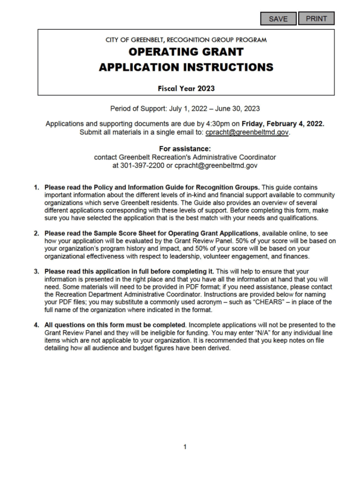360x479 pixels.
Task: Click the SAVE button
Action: [278, 19]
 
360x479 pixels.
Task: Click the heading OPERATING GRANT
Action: [186, 52]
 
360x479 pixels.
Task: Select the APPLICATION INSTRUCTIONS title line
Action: [186, 67]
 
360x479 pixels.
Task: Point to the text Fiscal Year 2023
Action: [186, 88]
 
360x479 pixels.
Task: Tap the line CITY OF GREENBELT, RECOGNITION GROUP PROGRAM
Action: [186, 40]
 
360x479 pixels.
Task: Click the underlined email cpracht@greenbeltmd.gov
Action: [247, 132]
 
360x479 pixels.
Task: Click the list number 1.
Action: [36, 188]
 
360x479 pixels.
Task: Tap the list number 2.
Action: [36, 233]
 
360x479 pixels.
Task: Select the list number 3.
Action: [36, 271]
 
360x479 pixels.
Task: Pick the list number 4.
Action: [36, 325]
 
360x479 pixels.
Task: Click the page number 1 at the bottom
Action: [185, 447]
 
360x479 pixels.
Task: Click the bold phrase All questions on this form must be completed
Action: [115, 325]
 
